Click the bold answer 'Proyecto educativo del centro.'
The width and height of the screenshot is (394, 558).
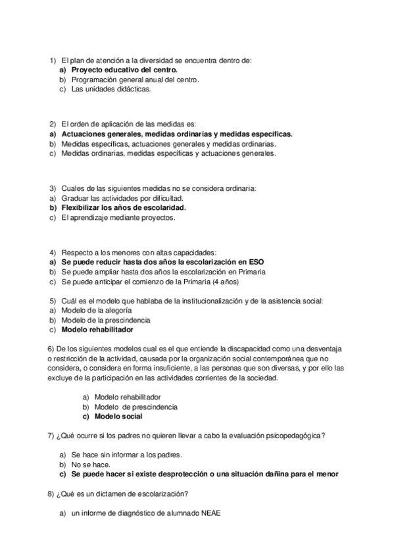125,69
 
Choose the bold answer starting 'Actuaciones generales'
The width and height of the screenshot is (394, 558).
177,134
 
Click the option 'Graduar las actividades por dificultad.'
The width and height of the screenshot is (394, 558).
122,197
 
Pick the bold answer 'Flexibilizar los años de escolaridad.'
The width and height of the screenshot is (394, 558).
124,207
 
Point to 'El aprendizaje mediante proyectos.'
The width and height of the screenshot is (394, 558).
118,218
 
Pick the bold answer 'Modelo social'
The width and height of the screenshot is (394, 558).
118,417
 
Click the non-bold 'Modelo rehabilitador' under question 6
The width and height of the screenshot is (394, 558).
128,397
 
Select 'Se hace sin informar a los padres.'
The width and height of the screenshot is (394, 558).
126,454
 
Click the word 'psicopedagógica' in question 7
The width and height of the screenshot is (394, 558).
293,436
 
